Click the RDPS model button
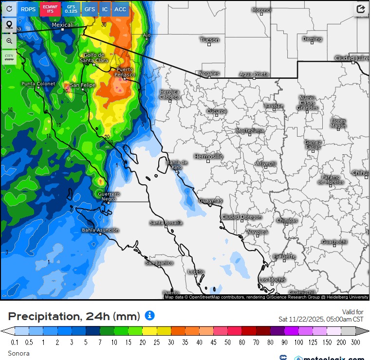tap(28, 9)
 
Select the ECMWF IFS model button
tap(50, 9)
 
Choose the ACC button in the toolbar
tap(120, 9)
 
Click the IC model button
tap(105, 9)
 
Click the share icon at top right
tap(361, 9)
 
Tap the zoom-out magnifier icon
tap(9, 41)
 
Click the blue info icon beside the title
tap(149, 316)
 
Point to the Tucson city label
tap(209, 40)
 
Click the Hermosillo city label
tap(208, 157)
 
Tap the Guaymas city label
tap(210, 201)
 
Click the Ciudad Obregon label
tap(241, 217)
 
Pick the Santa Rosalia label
tap(166, 223)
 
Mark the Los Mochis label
tap(272, 280)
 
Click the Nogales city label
tap(209, 73)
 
